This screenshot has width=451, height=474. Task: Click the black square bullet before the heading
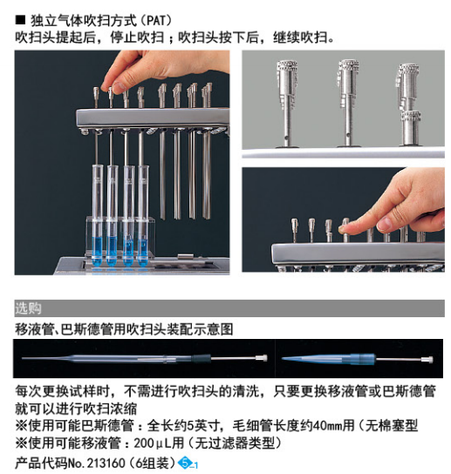[x=20, y=20]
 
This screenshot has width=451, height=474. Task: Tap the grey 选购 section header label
[x=28, y=308]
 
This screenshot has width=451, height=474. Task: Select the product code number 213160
[x=106, y=464]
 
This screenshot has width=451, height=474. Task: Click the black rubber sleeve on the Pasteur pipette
[x=201, y=358]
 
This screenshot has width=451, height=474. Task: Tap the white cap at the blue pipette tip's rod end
[x=428, y=360]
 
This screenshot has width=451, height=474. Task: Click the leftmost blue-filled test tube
[x=98, y=215]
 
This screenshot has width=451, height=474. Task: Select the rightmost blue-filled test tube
[x=143, y=215]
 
